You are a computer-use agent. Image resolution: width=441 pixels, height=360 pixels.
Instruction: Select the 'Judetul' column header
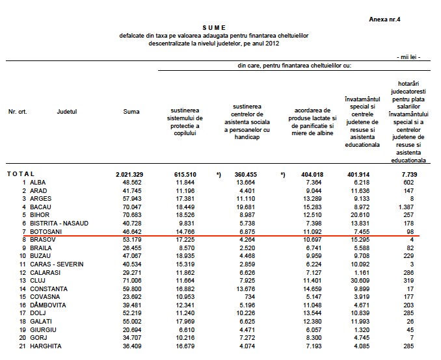click(67, 112)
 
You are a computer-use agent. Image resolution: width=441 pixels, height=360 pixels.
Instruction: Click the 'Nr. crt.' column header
click(18, 112)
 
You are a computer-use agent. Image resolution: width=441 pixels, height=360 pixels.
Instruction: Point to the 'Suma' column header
click(131, 112)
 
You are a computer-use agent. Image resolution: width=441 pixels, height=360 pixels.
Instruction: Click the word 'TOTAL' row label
click(21, 175)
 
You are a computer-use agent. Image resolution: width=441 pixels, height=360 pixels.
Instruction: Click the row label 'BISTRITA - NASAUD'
click(59, 223)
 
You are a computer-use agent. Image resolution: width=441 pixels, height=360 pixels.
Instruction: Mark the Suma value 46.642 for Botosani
click(131, 230)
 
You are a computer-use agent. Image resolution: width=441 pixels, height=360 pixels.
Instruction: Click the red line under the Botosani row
click(215, 235)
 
